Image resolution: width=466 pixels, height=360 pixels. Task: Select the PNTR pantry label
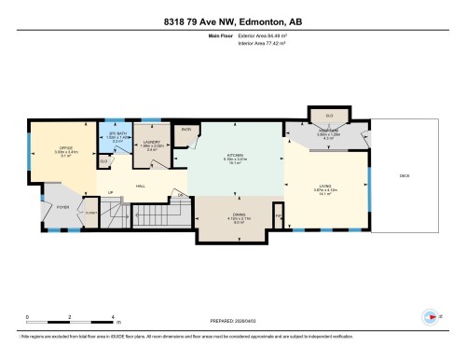pos(186,130)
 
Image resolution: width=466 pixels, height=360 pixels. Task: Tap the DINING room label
pos(240,214)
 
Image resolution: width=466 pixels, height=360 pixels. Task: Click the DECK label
pos(404,175)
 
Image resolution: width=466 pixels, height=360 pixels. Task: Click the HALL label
pos(140,184)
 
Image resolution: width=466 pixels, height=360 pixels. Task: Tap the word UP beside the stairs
pos(111,194)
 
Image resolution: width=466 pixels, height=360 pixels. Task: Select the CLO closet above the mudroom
pos(329,116)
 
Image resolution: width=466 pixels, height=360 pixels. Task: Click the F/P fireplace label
pos(280,217)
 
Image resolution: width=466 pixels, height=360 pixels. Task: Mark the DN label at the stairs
pos(180,194)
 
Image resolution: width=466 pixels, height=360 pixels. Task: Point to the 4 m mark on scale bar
pos(113,318)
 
